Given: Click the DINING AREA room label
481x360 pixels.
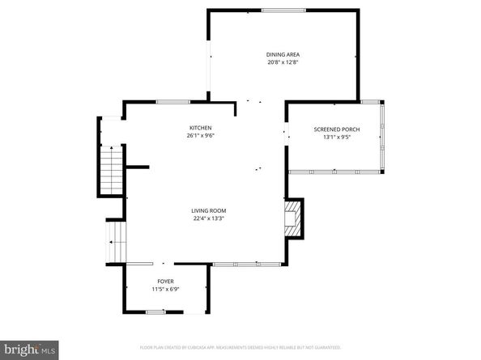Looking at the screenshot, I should click(283, 55).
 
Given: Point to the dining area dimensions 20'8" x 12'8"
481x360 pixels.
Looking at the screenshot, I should click(283, 63).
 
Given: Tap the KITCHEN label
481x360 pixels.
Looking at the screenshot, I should click(201, 128).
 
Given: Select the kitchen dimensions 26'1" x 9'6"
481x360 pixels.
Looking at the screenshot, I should click(201, 136).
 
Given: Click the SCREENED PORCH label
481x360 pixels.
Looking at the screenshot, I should click(336, 129).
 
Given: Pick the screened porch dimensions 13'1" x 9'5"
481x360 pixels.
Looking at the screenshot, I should click(336, 138).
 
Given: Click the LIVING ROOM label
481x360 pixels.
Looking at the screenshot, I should click(208, 210).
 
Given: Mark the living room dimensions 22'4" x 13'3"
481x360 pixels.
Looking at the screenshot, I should click(208, 218).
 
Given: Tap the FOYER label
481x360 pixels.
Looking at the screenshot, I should click(165, 281).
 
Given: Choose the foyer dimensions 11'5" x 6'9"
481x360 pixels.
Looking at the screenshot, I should click(165, 289).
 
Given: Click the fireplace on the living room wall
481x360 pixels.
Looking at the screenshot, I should click(294, 218).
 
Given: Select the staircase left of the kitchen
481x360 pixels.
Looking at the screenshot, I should click(110, 169).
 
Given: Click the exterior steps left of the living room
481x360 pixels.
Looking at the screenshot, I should click(117, 240).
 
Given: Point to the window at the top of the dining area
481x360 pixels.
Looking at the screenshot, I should click(283, 11).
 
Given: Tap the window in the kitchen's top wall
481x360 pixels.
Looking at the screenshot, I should click(173, 102).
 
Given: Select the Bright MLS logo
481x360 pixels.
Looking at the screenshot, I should click(29, 349).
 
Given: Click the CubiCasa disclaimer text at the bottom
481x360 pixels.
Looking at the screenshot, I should click(240, 346).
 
